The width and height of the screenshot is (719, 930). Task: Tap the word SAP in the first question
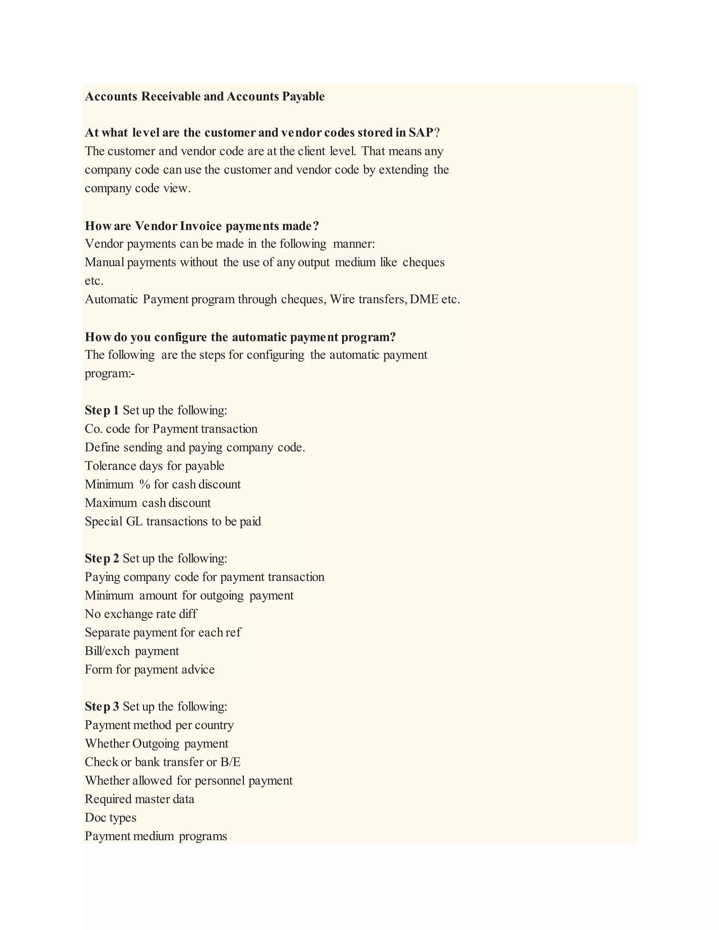pos(421,133)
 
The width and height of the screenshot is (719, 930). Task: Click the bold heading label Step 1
pos(102,411)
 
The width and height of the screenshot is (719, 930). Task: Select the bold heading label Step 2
pos(102,559)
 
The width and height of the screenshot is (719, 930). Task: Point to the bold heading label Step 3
pos(102,707)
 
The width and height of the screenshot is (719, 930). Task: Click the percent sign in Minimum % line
pos(145,485)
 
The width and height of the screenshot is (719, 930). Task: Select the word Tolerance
pos(110,466)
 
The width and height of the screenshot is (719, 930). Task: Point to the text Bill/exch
pos(107,651)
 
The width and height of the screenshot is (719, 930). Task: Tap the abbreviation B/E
pos(230,762)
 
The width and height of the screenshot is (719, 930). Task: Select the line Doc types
pos(110,818)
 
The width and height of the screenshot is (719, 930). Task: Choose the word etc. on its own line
pos(94,281)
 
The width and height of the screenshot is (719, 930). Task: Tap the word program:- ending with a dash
pos(110,374)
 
